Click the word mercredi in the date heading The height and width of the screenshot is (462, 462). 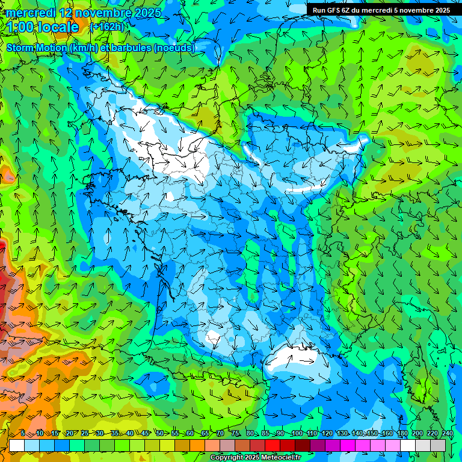click(32, 13)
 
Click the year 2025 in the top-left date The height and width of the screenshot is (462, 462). click(144, 13)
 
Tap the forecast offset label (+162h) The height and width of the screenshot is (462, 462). click(108, 27)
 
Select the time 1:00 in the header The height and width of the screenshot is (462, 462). click(22, 27)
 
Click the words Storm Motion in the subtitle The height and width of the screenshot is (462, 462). click(37, 48)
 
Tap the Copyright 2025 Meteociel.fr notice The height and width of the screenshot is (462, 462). click(255, 458)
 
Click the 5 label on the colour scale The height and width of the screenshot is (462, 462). click(22, 433)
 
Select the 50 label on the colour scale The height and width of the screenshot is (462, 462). click(159, 433)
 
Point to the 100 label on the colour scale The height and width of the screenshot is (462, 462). click(296, 433)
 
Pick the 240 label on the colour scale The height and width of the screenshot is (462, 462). click(448, 433)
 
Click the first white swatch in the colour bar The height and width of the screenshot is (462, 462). click(17, 445)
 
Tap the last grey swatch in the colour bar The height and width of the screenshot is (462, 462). click(438, 445)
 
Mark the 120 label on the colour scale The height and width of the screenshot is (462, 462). click(327, 433)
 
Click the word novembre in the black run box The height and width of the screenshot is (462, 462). click(417, 10)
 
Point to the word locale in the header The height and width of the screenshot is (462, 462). click(57, 27)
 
